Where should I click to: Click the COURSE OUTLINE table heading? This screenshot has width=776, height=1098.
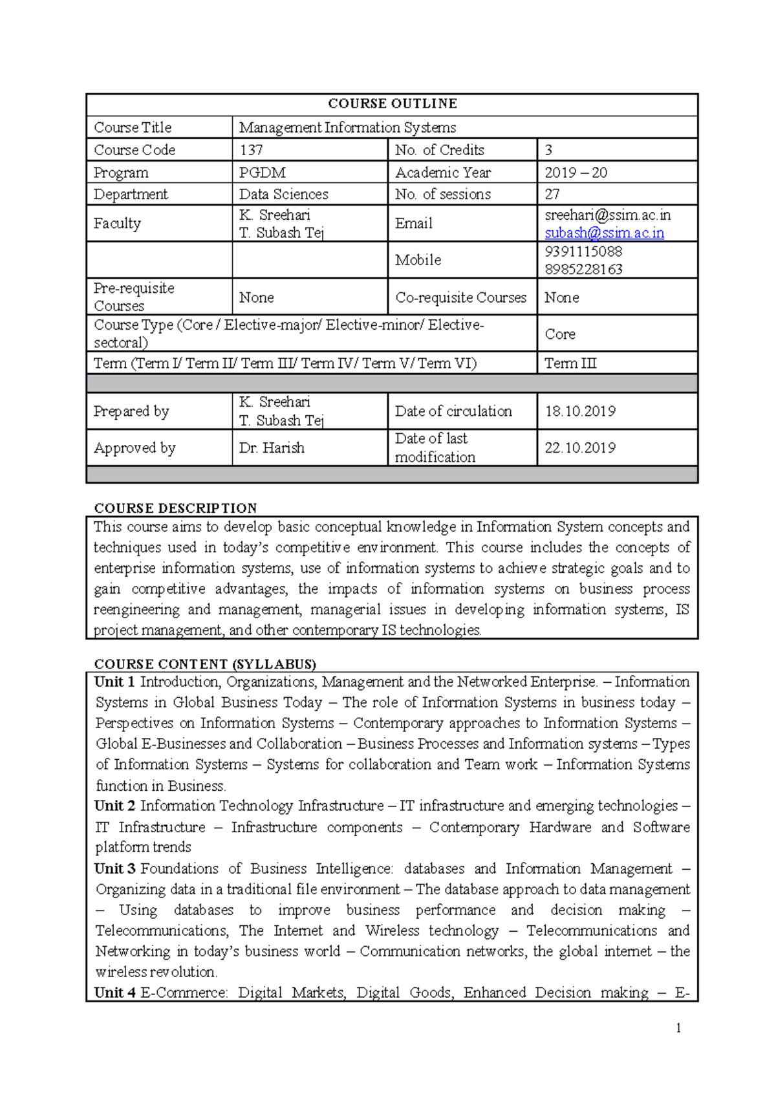click(x=392, y=103)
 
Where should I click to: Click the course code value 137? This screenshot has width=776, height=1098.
click(x=251, y=150)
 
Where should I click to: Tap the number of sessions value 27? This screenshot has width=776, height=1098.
click(x=552, y=194)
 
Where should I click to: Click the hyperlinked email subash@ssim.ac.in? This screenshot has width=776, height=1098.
click(x=604, y=233)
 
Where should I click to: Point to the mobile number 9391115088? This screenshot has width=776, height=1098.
click(x=583, y=251)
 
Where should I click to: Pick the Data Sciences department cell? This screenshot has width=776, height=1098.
click(x=283, y=194)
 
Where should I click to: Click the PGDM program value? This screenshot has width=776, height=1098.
click(x=262, y=173)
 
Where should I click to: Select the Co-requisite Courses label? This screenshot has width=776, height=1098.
click(x=461, y=297)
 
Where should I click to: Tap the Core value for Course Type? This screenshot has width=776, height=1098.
click(x=560, y=334)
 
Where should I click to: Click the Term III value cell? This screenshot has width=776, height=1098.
click(x=570, y=363)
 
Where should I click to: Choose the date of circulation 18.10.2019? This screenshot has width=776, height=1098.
click(x=580, y=411)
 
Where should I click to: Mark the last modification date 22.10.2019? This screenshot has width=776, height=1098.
click(x=580, y=447)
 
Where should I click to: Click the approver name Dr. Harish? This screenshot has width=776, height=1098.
click(x=272, y=447)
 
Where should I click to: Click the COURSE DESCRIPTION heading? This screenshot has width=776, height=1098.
click(x=175, y=508)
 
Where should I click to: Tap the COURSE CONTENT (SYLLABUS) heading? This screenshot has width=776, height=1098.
click(x=204, y=664)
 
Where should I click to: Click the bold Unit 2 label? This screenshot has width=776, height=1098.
click(x=114, y=806)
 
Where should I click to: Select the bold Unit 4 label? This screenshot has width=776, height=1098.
click(x=114, y=993)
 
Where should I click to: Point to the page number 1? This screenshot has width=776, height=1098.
click(x=678, y=1028)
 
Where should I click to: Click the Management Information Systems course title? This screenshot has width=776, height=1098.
click(x=347, y=127)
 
